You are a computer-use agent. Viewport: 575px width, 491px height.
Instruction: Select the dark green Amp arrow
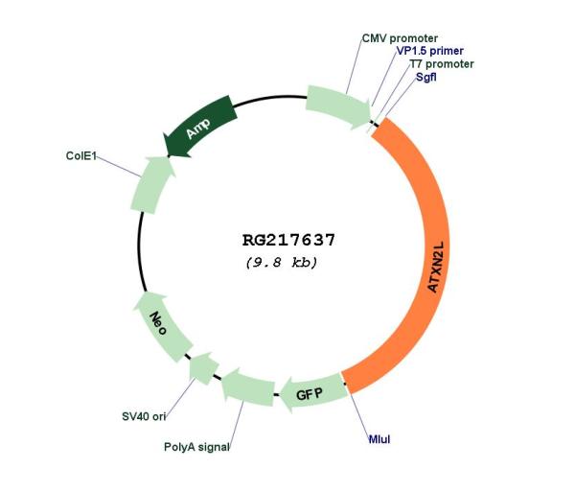click(200, 127)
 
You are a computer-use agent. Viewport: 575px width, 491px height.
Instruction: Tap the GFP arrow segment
click(311, 393)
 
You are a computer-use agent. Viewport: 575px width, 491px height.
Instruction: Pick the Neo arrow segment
click(161, 325)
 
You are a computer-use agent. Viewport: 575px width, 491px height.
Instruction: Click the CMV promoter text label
click(400, 38)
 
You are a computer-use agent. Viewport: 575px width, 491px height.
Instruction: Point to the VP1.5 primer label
click(429, 51)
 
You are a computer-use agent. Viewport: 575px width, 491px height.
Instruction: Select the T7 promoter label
click(442, 64)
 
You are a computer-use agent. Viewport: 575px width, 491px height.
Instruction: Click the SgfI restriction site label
click(426, 77)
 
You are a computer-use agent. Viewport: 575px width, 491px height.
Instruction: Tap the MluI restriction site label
click(379, 439)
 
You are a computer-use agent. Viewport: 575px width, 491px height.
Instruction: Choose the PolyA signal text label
click(196, 447)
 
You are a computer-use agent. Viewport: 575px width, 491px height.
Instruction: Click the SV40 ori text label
click(144, 416)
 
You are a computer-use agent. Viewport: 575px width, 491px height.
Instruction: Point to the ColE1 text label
click(81, 156)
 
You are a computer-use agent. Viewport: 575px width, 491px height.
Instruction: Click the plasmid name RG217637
click(288, 241)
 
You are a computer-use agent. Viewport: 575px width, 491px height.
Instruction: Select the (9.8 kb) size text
click(281, 263)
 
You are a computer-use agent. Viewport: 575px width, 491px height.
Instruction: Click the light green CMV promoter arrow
click(338, 106)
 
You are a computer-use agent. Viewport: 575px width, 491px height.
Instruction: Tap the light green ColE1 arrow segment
click(151, 185)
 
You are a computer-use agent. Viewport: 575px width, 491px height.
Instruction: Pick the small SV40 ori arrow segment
click(204, 368)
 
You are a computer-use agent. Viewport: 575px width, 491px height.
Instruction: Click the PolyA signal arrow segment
click(248, 388)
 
